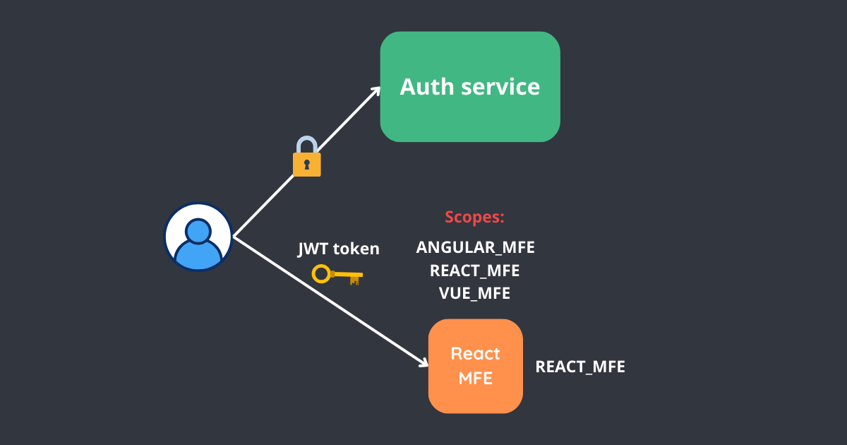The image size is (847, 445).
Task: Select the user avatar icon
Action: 198,237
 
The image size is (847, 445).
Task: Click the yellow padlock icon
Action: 306,158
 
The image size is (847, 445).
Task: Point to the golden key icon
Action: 337,275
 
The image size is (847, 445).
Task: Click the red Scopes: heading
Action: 474,217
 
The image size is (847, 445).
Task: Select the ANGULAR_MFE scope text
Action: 475,248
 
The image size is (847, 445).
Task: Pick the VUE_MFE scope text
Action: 475,293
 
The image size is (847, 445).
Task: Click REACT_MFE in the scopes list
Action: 475,271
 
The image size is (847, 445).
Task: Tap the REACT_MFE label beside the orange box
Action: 580,367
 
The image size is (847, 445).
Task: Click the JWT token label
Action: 339,249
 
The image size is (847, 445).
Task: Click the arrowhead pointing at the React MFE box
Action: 423,362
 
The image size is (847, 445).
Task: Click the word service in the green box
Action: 500,87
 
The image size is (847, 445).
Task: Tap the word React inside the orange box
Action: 475,354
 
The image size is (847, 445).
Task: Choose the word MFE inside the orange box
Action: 475,378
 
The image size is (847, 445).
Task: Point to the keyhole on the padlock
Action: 306,165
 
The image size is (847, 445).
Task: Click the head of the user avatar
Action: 198,230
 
